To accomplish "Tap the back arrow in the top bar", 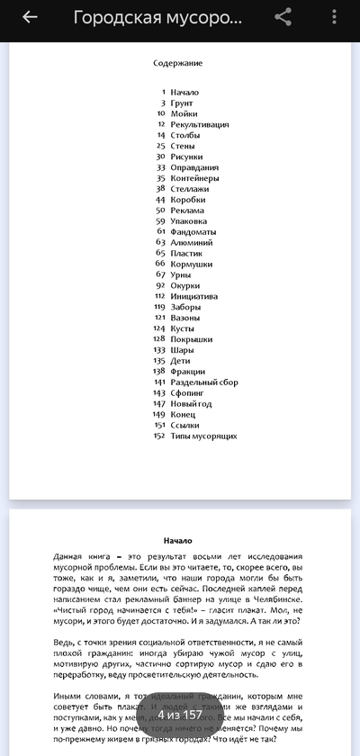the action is tap(30, 17).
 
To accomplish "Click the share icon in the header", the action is tap(283, 17).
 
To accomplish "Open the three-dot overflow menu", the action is tap(334, 17).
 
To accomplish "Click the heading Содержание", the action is tap(177, 63).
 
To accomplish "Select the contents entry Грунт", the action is tap(181, 103).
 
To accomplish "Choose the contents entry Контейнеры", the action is tap(193, 178).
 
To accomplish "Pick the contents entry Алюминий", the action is tap(191, 242).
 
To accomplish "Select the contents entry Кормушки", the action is tap(191, 264).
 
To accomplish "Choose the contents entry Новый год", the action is tap(191, 404).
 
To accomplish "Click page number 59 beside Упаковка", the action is tap(160, 221).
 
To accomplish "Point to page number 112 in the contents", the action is tap(159, 296).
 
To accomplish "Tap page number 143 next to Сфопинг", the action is tap(159, 393).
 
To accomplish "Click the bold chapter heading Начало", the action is tap(177, 540).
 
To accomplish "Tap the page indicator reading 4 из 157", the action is tap(180, 715).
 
